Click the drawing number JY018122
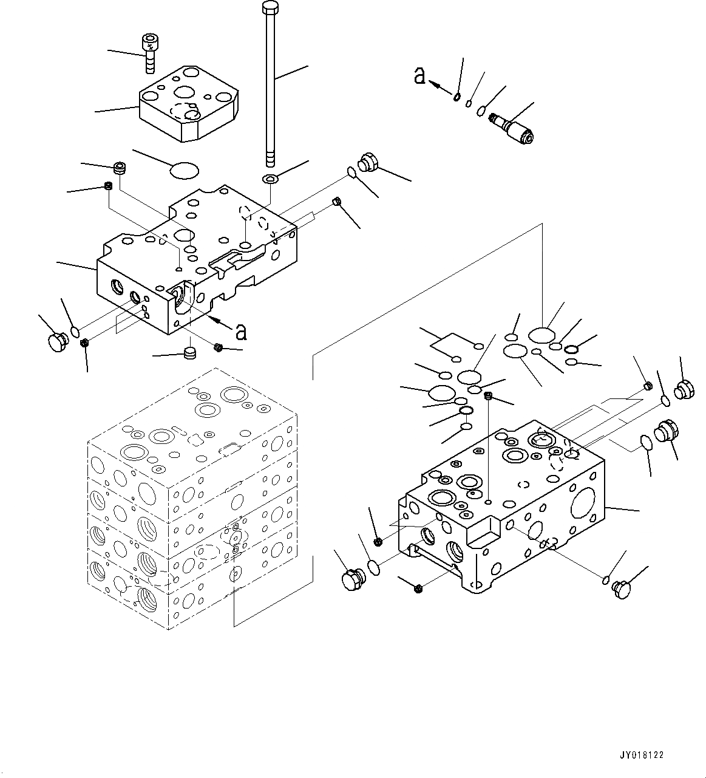(x=642, y=755)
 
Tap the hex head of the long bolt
(x=270, y=7)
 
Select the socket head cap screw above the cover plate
(x=149, y=52)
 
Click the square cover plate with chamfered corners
(x=189, y=104)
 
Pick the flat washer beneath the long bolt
(x=270, y=179)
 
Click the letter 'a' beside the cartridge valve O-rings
(x=419, y=76)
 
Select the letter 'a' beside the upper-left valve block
(x=241, y=332)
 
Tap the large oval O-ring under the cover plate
(x=185, y=171)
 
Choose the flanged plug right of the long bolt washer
(x=368, y=162)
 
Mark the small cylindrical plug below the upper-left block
(x=191, y=353)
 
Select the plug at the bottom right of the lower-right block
(x=622, y=589)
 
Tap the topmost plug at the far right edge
(x=684, y=389)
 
